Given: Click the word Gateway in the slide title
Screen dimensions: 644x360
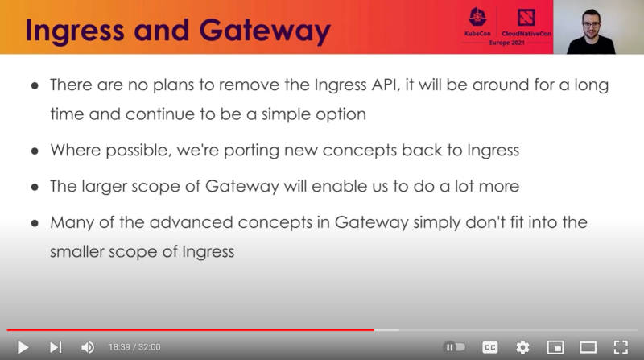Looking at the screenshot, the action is point(265,31).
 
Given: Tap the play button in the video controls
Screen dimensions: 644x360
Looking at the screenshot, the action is point(23,347).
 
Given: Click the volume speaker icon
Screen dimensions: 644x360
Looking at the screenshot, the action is point(88,347).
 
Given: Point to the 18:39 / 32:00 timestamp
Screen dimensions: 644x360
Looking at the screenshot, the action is point(134,347).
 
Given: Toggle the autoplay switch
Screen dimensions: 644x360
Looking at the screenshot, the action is point(454,347).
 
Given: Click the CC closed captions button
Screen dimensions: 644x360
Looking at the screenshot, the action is point(489,347).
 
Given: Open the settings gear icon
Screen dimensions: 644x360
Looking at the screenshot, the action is point(522,347).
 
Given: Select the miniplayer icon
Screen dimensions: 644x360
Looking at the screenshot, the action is point(555,348).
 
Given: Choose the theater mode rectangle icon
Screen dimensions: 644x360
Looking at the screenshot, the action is point(588,348).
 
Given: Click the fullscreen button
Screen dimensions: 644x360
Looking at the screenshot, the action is point(621,347).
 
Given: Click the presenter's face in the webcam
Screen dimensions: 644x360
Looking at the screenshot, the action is point(591,24).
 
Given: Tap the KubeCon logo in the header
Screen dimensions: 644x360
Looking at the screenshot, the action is point(477,22).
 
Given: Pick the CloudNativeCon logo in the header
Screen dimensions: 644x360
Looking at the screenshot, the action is point(526,23).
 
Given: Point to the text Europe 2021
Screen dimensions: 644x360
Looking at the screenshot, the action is point(507,43).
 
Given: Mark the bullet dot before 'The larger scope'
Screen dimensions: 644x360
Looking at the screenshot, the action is point(35,187).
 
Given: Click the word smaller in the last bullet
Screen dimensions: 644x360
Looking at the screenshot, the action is point(76,251).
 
